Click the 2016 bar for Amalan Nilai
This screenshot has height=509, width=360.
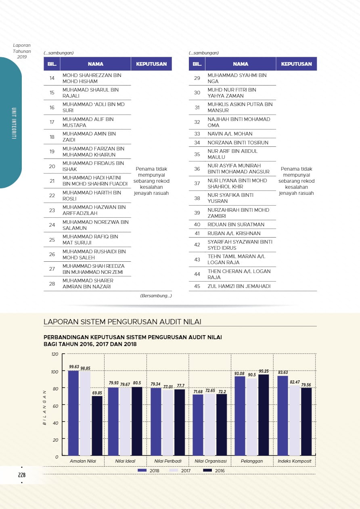[x=97, y=426]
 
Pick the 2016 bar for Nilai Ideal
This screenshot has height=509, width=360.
[x=137, y=421]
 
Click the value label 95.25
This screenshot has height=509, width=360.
[x=264, y=371]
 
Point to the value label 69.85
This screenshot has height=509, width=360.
[x=97, y=393]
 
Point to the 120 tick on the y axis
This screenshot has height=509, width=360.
[x=55, y=354]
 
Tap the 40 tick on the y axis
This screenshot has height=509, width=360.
[x=56, y=422]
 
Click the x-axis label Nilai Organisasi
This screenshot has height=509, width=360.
[x=210, y=461]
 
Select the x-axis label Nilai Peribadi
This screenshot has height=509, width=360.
[x=168, y=461]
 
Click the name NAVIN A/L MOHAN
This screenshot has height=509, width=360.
[x=230, y=134]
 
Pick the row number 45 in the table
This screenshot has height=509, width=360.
[x=197, y=286]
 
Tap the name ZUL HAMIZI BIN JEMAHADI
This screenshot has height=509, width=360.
[x=239, y=286]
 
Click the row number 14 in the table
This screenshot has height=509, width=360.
[x=52, y=78]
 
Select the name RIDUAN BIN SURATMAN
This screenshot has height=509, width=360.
[x=236, y=225]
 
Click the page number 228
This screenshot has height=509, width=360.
[x=22, y=475]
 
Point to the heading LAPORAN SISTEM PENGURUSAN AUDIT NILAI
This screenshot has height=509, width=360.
[x=122, y=321]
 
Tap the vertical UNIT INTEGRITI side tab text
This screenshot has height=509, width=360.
[x=14, y=123]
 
